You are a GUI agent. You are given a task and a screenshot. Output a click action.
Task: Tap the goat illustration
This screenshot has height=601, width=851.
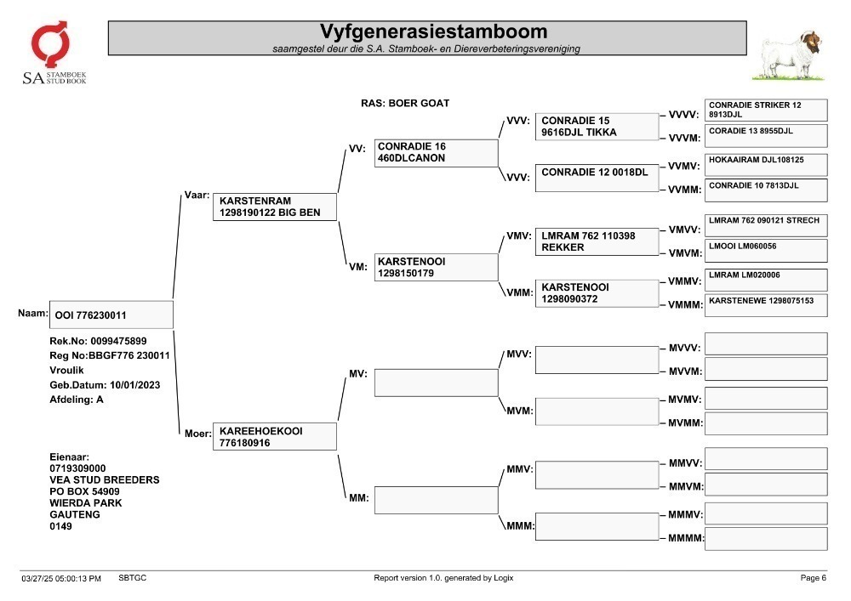tap(790, 56)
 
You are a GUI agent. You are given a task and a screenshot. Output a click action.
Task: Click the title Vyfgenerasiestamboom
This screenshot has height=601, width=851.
tap(433, 31)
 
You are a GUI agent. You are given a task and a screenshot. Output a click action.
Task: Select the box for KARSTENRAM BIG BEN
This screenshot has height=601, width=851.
tap(275, 207)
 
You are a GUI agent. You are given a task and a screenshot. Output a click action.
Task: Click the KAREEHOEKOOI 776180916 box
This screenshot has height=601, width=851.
tap(275, 436)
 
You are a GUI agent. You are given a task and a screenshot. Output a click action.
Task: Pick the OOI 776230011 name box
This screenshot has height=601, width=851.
tap(111, 315)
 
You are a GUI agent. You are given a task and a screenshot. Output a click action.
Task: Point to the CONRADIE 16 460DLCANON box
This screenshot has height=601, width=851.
tap(436, 153)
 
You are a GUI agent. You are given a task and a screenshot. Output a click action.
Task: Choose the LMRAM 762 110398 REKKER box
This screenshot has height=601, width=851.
tap(597, 241)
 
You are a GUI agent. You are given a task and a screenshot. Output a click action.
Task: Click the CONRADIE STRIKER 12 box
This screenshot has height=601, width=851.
tap(766, 110)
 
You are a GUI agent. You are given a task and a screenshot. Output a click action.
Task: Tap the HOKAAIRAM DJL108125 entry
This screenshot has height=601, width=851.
tap(766, 165)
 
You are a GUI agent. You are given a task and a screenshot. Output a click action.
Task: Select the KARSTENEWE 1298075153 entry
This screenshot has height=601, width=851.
tap(766, 305)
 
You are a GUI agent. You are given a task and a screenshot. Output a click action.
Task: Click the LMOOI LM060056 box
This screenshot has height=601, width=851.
tap(766, 251)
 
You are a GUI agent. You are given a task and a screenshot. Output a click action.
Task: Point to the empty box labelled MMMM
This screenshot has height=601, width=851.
tap(766, 539)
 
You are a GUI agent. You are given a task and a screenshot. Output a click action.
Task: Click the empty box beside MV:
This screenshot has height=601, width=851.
tap(436, 383)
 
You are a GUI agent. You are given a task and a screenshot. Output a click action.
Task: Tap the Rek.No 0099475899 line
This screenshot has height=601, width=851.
tap(98, 341)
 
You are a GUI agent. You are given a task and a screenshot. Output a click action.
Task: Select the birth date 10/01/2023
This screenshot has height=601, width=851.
tap(134, 385)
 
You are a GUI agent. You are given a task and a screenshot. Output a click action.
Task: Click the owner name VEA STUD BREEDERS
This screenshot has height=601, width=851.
tap(104, 479)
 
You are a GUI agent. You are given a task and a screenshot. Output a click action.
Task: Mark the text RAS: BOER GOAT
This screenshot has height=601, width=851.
tap(405, 103)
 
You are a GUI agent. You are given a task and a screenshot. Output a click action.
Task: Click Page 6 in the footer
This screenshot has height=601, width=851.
tap(813, 578)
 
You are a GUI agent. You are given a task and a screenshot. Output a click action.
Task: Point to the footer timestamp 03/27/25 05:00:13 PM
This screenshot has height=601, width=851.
tap(61, 578)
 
